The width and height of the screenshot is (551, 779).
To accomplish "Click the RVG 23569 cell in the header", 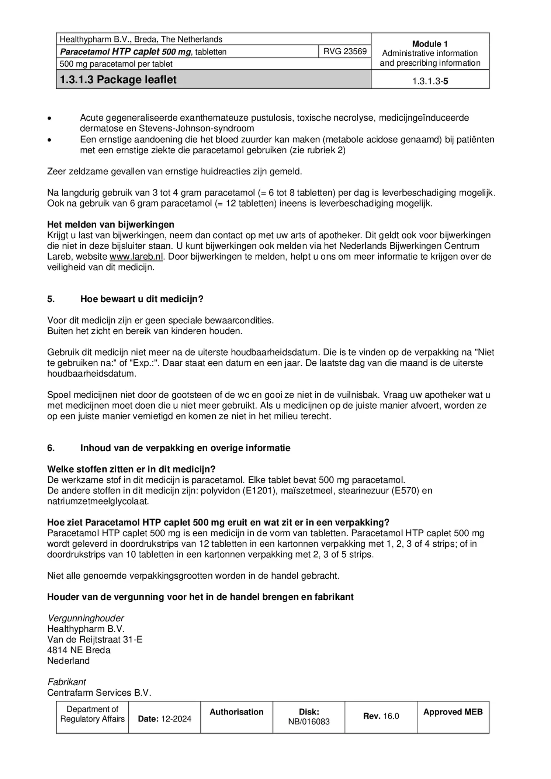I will point(345,51).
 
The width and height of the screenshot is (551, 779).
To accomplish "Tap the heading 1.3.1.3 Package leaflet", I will point(118,80).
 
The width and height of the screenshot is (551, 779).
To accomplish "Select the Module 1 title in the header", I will point(430,44).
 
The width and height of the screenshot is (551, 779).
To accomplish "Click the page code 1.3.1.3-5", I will point(430,81).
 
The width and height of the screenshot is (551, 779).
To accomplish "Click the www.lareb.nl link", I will point(136,256).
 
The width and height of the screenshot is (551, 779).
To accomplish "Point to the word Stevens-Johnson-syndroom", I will point(196,128).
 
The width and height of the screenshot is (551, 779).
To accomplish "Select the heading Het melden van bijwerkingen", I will point(111,224).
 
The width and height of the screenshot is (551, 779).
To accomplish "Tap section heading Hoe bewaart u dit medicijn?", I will point(142,299).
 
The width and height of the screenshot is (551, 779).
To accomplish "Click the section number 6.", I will point(51,448).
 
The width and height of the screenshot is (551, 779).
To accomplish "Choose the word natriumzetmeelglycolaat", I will point(98,501).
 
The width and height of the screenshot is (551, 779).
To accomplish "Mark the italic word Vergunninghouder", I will point(86,618).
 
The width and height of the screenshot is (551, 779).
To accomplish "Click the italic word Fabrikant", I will point(67,682).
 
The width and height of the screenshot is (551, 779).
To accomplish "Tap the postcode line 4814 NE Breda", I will point(79,650).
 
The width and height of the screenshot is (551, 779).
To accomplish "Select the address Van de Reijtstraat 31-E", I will point(94,639).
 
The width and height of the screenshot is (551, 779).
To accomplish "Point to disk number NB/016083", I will point(309,722).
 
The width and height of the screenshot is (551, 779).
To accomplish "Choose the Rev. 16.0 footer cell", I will point(381,716).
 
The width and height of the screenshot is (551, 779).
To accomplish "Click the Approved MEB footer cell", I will point(453,712).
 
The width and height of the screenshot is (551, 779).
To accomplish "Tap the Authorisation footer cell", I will point(236,712).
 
